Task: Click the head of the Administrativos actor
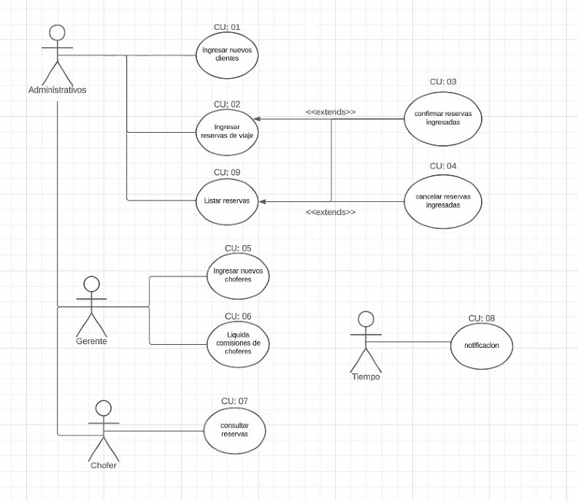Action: pyautogui.click(x=57, y=32)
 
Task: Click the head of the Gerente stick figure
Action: pyautogui.click(x=91, y=284)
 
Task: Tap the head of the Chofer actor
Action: pyautogui.click(x=104, y=408)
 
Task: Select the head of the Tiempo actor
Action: pyautogui.click(x=366, y=319)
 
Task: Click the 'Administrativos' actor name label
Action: pyautogui.click(x=58, y=90)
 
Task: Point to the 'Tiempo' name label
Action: pyautogui.click(x=366, y=377)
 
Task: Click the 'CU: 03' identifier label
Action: pyautogui.click(x=443, y=82)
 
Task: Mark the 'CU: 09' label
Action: pyautogui.click(x=227, y=172)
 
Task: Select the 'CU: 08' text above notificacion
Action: pyautogui.click(x=482, y=318)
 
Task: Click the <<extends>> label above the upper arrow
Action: pyautogui.click(x=331, y=112)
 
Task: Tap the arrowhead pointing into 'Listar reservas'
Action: pyautogui.click(x=262, y=201)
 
